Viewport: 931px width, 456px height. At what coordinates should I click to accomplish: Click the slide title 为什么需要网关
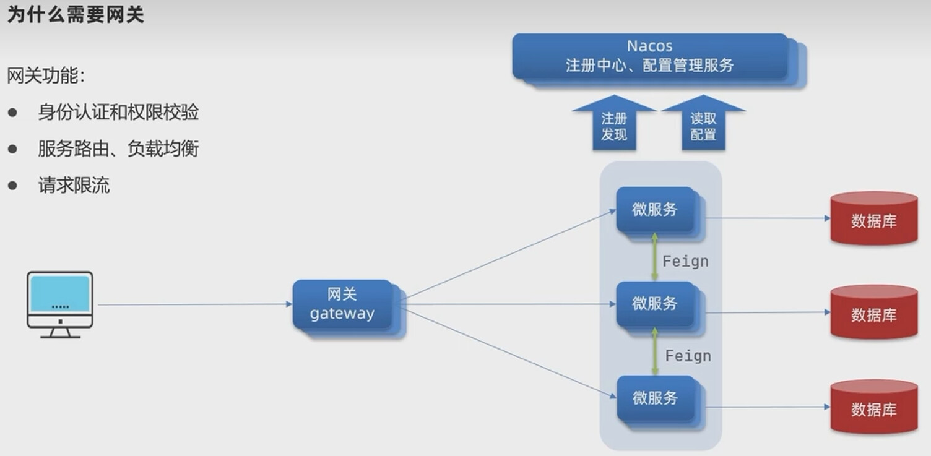point(76,14)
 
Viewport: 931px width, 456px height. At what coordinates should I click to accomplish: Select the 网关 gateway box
point(342,304)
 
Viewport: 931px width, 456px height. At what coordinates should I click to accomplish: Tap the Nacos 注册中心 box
point(650,56)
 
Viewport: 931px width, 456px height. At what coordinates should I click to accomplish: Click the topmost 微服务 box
point(655,210)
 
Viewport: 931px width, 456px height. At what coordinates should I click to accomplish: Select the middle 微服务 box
point(655,304)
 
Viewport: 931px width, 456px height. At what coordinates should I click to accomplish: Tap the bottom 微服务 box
point(655,398)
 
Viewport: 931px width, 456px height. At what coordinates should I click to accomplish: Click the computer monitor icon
point(60,304)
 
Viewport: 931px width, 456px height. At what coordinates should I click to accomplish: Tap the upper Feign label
point(685,261)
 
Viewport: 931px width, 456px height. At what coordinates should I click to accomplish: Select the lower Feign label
point(688,356)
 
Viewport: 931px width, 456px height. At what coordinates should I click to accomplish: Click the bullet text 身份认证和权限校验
point(118,113)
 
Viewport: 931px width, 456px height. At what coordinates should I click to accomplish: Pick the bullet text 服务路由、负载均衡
point(118,149)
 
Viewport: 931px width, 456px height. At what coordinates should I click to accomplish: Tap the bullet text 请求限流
point(74,186)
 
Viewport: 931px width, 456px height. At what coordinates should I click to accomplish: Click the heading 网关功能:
point(46,76)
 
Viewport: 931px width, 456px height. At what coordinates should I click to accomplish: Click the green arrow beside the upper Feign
point(654,257)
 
